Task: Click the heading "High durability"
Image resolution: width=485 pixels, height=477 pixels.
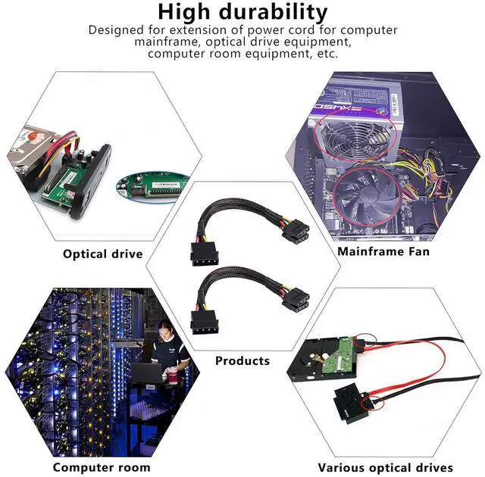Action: coord(243,12)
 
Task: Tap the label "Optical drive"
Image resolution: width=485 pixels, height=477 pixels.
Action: coord(102,254)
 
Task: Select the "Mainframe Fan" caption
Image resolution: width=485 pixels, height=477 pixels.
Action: coord(383,251)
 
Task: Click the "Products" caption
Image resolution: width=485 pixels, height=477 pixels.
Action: coord(242,360)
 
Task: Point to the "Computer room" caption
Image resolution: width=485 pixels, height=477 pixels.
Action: coord(102,467)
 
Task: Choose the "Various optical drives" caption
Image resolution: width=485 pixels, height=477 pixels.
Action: coord(385,467)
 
